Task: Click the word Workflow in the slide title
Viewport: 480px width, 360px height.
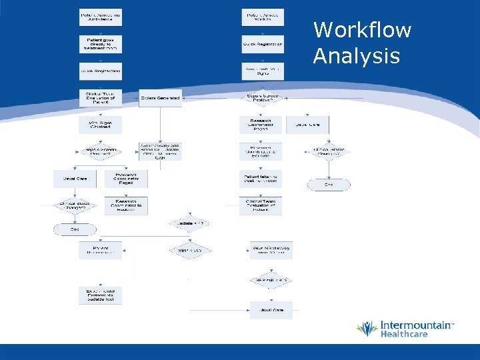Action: pos(362,30)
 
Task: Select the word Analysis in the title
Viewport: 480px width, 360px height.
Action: pos(356,57)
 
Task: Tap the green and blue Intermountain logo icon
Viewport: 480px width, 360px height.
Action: pos(367,328)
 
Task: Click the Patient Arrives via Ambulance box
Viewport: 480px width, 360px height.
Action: pos(100,17)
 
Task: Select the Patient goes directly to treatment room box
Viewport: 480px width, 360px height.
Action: pos(100,44)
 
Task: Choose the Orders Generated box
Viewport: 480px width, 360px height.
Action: pos(160,98)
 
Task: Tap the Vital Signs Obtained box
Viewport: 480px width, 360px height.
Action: pos(100,125)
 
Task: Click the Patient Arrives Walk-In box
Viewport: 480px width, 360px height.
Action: pos(263,17)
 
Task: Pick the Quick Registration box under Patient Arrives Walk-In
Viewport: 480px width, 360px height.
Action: pos(263,44)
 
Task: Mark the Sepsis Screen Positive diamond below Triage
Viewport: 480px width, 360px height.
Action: pos(263,98)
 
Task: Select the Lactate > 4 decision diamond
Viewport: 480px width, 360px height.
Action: pos(190,223)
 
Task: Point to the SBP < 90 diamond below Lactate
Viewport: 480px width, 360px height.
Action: pos(190,251)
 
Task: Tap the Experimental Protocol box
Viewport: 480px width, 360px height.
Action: pos(100,295)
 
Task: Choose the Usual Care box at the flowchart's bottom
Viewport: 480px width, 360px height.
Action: pos(271,310)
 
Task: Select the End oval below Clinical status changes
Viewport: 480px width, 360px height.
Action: pos(75,229)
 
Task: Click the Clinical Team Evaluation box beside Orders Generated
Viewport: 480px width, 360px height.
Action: pos(100,98)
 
